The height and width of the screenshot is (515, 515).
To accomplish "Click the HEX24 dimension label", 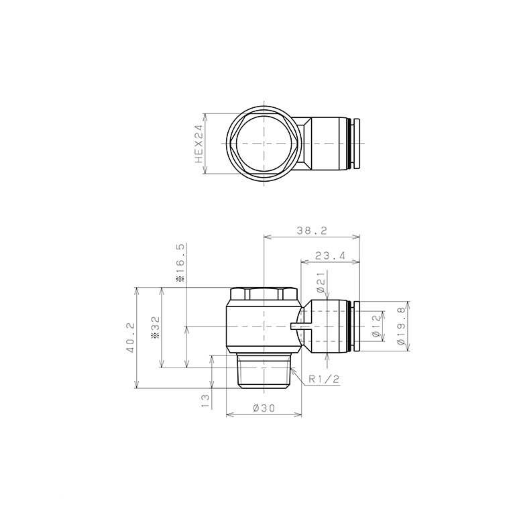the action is coord(199,144).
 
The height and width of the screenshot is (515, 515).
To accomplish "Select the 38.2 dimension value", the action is coord(312,231).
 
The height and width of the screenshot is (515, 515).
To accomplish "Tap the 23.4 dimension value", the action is coord(330,255).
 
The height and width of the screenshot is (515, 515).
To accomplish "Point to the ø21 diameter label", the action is coord(321,282).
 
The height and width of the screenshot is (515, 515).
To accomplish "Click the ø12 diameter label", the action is coord(376,326).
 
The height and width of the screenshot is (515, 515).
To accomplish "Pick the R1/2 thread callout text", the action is coord(323,380).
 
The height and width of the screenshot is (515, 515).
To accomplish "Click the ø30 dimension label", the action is coord(264,408).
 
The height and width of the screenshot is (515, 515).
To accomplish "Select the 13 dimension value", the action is coord(205,402).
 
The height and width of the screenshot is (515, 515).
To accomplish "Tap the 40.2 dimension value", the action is coord(130,337).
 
